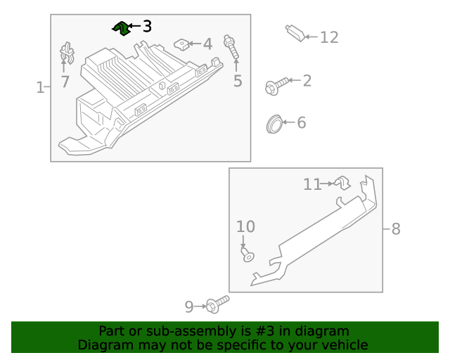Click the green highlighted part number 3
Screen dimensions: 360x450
point(121,27)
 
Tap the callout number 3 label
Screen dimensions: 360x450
point(146,27)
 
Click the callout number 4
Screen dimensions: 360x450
point(207,44)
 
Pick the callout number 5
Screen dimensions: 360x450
point(238,81)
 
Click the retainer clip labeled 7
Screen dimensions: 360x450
point(67,53)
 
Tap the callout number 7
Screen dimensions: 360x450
point(65,82)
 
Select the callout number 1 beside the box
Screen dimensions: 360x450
point(40,87)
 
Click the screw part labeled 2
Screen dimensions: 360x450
point(274,86)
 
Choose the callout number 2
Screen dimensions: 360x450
point(307,81)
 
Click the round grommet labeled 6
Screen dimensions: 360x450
point(274,124)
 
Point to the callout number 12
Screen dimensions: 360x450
point(329,37)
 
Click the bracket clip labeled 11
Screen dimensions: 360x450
point(342,183)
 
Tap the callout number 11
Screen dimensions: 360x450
point(312,184)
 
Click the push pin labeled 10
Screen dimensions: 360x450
point(247,255)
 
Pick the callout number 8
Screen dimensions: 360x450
point(395,229)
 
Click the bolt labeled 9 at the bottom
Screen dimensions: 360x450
point(217,304)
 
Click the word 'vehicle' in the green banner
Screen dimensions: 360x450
point(342,345)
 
